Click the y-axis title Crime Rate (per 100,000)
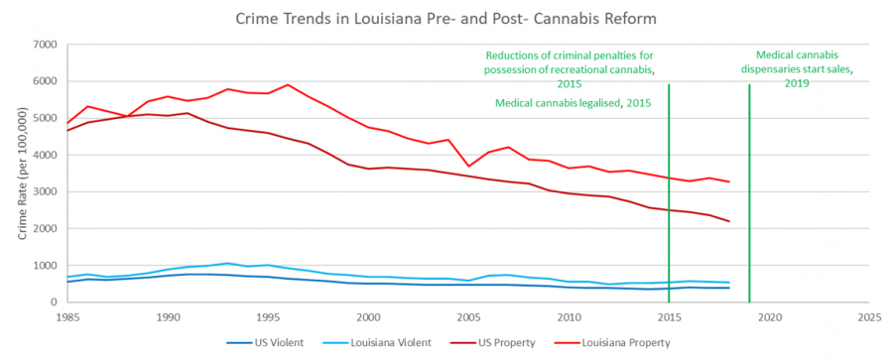[x=21, y=175]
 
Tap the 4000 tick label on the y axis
[x=43, y=156]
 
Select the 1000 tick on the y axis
[x=43, y=266]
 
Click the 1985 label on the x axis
[x=68, y=317]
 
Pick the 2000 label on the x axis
[x=368, y=317]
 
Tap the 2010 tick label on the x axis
[x=569, y=317]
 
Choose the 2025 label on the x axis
[x=868, y=317]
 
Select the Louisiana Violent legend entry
[x=387, y=342]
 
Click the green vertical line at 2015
[x=669, y=198]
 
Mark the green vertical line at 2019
[x=749, y=198]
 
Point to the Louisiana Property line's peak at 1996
[x=288, y=84]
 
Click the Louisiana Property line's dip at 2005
[x=468, y=167]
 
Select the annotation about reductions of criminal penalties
[x=574, y=69]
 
